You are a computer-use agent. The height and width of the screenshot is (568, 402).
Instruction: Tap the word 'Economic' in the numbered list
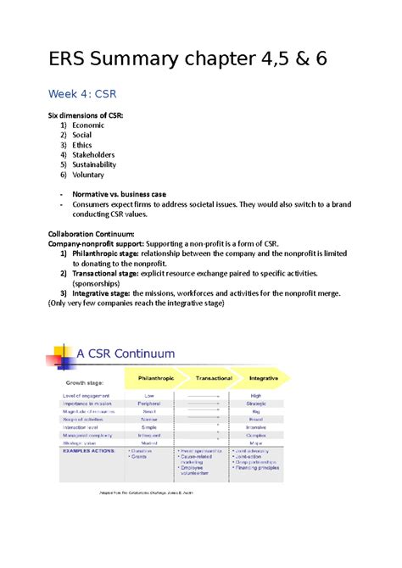(90, 126)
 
